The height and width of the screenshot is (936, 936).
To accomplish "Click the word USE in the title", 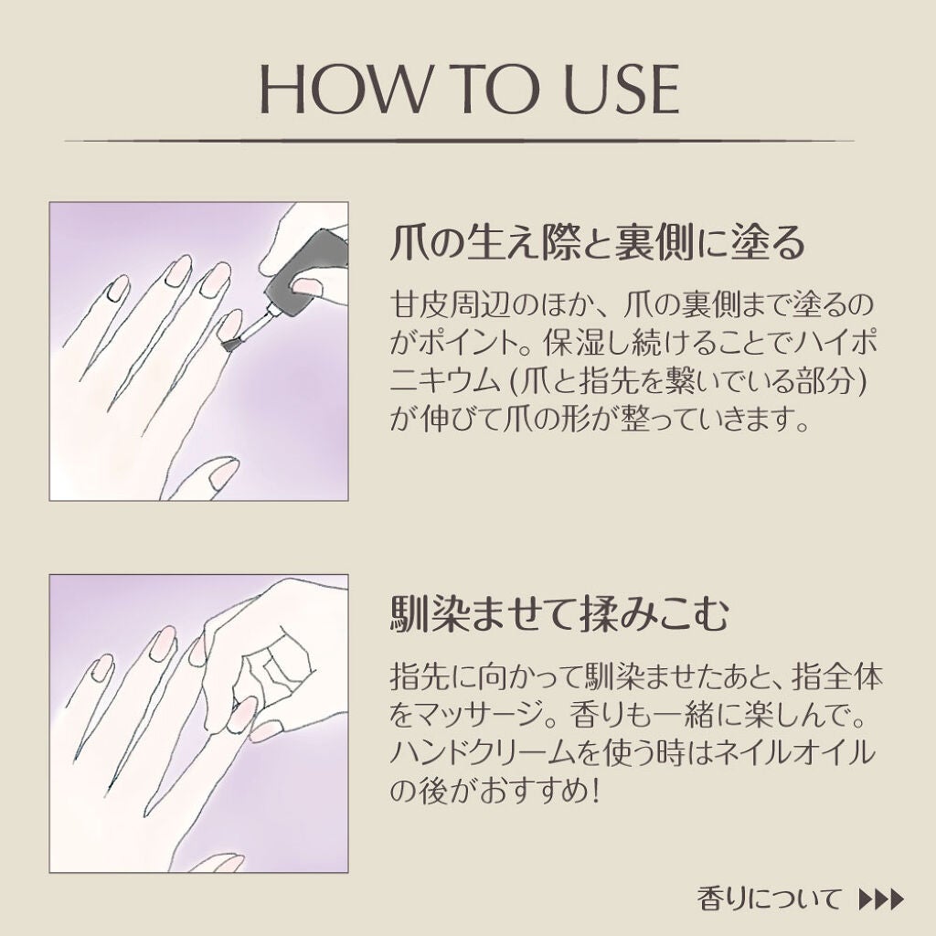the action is pos(622,89).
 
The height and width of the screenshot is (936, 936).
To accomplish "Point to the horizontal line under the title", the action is pos(459,142).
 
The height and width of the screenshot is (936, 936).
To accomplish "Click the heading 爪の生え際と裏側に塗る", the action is pos(598,242).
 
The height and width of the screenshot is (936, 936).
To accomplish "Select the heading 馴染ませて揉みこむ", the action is pos(560,614).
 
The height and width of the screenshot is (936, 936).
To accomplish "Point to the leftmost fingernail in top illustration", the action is pos(118,288).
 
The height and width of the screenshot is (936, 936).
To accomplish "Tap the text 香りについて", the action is pos(770,898).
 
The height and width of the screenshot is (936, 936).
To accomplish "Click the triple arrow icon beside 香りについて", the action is pos(881,899).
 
